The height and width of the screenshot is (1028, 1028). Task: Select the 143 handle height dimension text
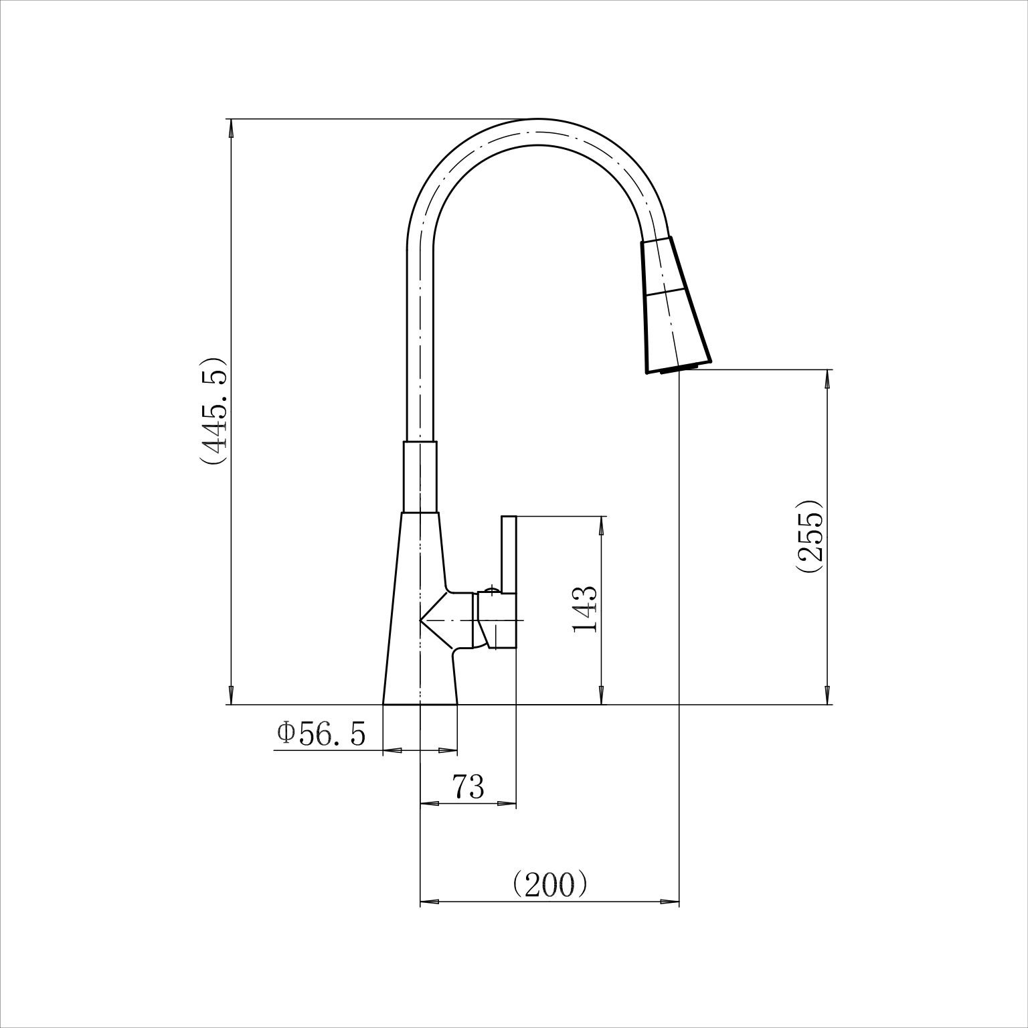point(584,610)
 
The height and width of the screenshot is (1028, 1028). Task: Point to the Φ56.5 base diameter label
point(322,734)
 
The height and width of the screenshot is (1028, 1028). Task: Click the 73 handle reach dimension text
point(468,786)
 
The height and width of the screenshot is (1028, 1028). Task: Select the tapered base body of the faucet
point(421,608)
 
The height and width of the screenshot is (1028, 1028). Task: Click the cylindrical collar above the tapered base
point(420,477)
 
